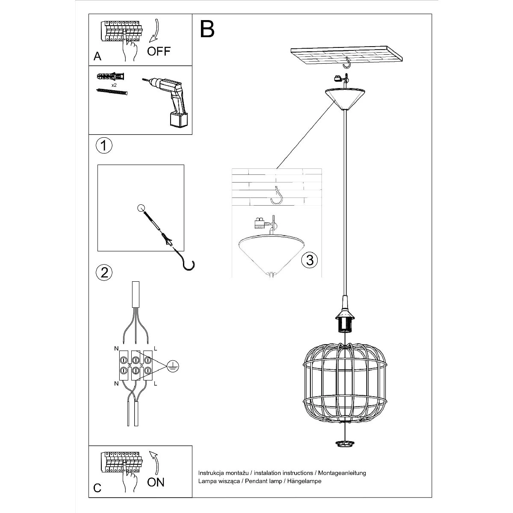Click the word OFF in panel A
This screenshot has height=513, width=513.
159,51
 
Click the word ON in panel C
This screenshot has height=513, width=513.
156,482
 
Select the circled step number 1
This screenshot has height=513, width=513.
103,145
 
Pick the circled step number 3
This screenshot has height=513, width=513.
310,259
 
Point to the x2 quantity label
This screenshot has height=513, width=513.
114,85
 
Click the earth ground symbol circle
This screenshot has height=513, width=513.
172,366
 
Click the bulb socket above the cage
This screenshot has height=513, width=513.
345,321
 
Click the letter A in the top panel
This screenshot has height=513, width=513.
97,57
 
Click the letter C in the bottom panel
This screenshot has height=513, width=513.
97,488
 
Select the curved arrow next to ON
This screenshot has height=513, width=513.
154,461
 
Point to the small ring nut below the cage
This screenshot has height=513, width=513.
345,443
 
